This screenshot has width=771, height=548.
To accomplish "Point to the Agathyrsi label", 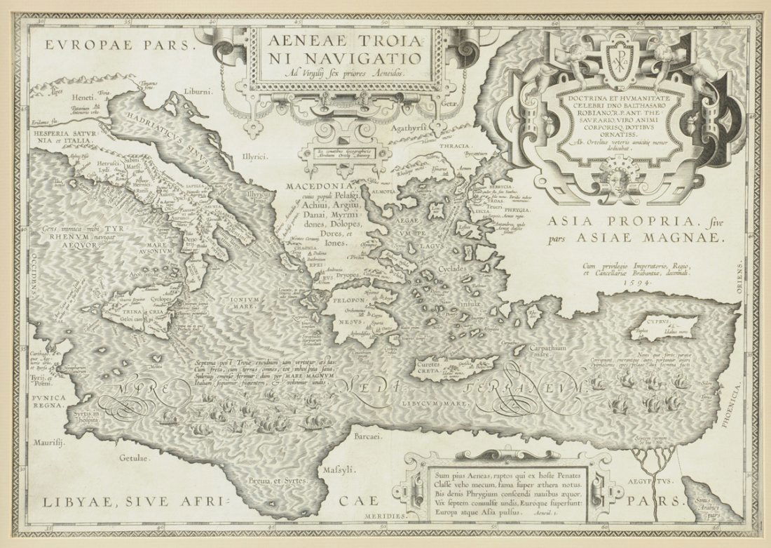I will (416, 129).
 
